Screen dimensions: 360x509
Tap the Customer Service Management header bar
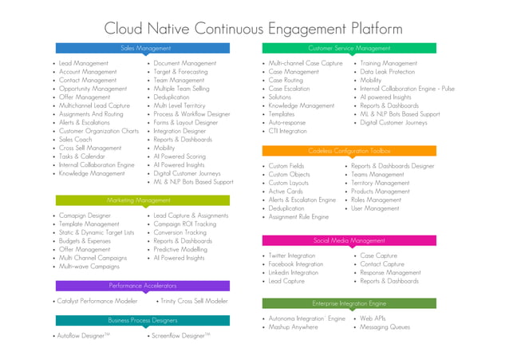tap(349, 48)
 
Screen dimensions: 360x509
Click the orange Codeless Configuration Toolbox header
tap(349, 150)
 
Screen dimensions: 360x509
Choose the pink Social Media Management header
tap(349, 240)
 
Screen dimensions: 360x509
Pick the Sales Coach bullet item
tap(76, 139)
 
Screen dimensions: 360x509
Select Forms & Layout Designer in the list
tap(186, 122)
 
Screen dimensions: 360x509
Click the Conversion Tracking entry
tap(180, 232)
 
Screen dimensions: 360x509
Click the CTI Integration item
tap(288, 131)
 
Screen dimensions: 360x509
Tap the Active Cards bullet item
tap(286, 192)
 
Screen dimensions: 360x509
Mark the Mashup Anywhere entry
tap(293, 327)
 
